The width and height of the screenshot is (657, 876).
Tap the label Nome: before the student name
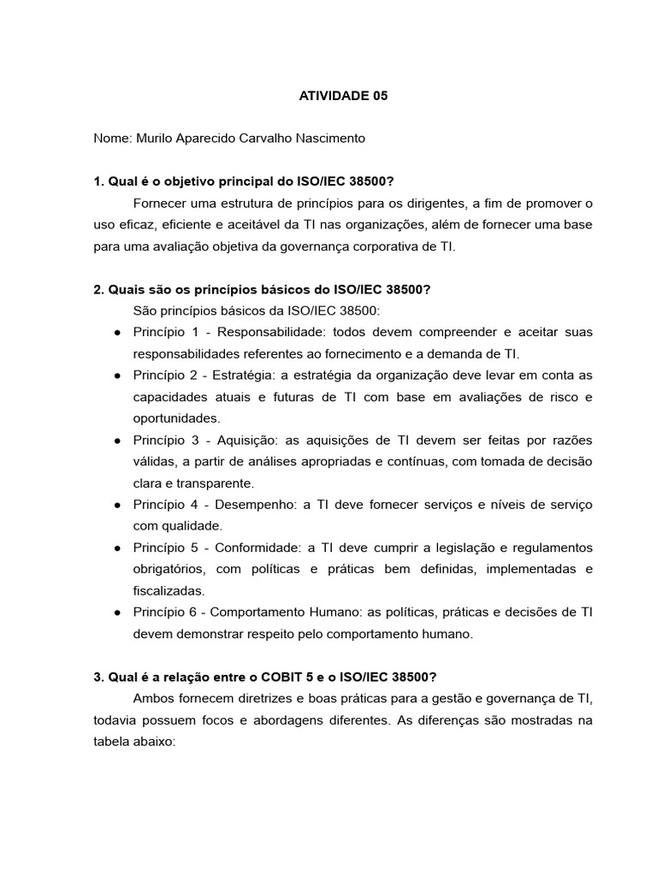[x=111, y=138]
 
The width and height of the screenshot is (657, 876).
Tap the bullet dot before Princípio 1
[x=116, y=332]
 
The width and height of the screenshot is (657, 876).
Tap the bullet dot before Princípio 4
[x=116, y=505]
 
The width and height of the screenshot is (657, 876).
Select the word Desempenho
[x=254, y=505]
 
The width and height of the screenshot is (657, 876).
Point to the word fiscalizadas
[x=169, y=591]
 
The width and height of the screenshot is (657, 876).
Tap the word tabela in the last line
[x=113, y=742]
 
